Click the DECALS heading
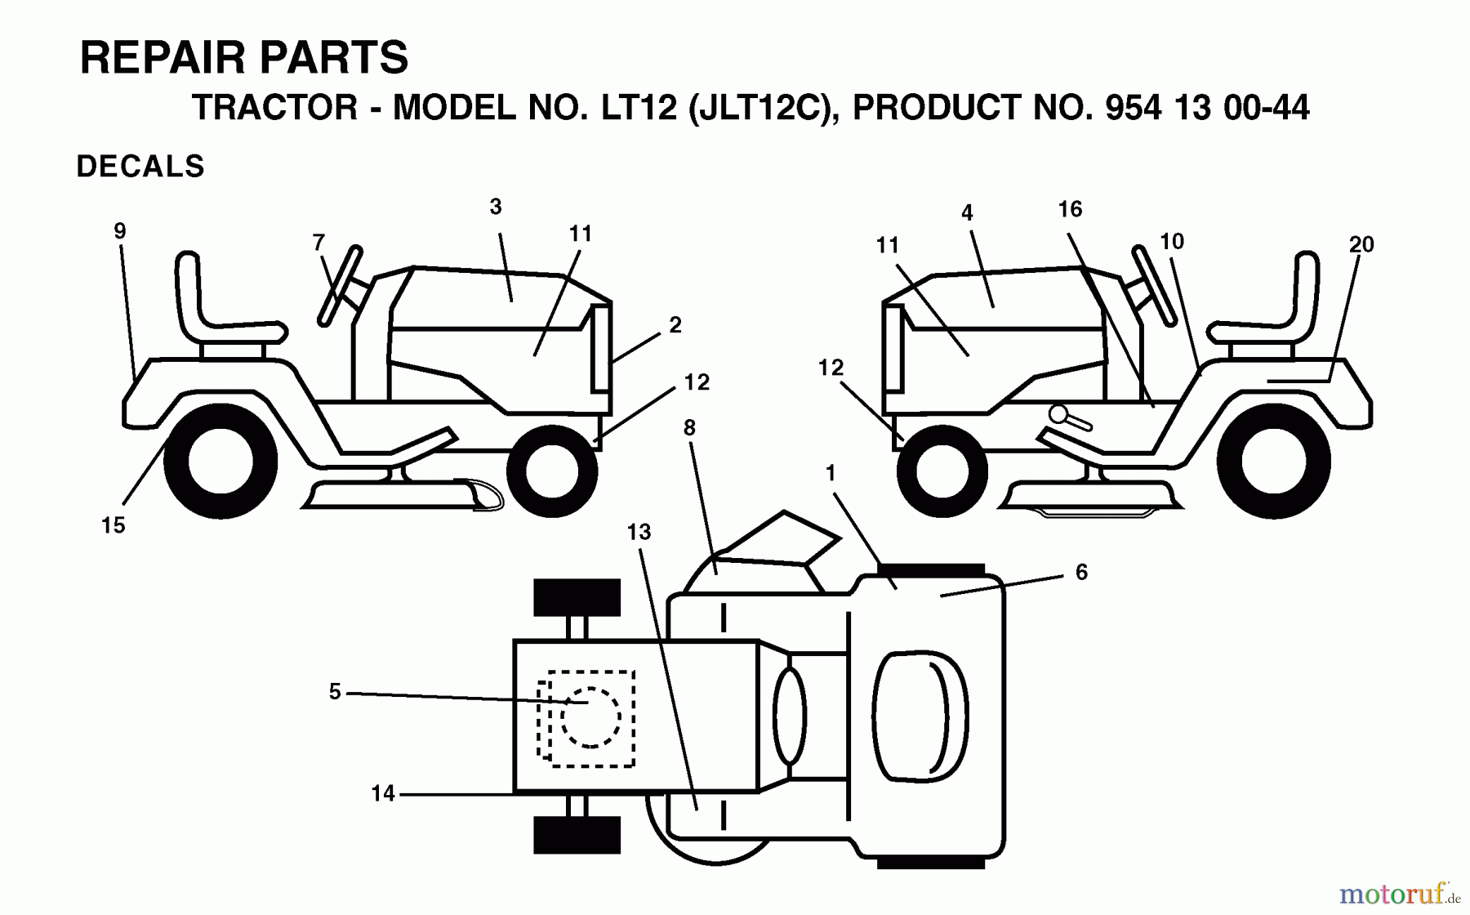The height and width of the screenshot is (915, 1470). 140,167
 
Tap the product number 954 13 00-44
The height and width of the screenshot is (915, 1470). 1206,108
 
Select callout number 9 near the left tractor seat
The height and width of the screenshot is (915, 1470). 120,231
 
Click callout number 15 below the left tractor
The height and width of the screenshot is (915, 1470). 114,525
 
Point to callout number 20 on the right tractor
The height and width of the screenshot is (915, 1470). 1361,244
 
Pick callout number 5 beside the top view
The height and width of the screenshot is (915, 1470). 335,692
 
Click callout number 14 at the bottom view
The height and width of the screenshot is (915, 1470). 382,793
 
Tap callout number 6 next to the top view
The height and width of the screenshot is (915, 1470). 1081,572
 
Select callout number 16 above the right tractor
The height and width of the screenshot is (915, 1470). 1070,209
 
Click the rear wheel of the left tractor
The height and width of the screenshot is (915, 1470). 220,461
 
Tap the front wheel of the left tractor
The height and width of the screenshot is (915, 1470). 552,471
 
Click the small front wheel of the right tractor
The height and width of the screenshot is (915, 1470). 942,471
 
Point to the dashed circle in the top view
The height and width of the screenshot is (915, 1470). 589,716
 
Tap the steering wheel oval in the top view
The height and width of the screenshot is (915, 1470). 789,716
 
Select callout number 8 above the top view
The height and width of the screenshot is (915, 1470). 689,427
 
